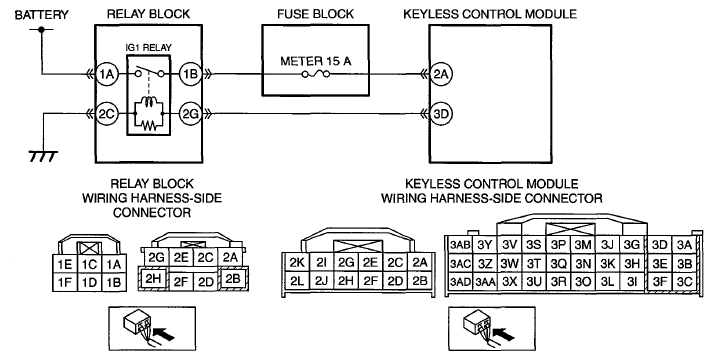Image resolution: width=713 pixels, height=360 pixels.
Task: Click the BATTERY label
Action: [41, 15]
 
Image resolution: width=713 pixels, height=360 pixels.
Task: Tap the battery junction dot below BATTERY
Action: [41, 30]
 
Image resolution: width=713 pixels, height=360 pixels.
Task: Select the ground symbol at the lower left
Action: [43, 156]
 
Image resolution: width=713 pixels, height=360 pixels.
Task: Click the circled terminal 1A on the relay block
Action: [107, 74]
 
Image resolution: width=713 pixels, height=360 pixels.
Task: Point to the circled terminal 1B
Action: [191, 74]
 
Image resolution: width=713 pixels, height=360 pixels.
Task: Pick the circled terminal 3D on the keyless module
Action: [441, 114]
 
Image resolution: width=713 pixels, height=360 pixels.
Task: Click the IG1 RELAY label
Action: [148, 47]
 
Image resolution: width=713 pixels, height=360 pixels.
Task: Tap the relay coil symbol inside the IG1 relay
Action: [148, 105]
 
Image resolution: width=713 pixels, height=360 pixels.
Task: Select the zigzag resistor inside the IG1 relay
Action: [148, 125]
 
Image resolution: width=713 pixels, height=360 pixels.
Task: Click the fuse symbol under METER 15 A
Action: [316, 74]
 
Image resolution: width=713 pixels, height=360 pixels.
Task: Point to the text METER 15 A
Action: [316, 61]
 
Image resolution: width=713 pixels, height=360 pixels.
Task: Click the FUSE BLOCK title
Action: [316, 14]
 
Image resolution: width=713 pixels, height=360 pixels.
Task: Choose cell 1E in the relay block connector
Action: [65, 264]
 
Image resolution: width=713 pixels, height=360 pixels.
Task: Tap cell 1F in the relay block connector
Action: [65, 282]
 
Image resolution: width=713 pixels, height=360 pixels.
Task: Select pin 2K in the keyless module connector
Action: [297, 262]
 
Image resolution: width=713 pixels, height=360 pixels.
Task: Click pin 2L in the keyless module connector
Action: [297, 281]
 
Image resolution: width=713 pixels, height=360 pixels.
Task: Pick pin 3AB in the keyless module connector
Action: [460, 245]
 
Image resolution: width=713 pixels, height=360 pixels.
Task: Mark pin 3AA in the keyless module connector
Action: [485, 282]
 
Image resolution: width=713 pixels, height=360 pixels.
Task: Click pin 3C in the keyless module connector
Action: [684, 282]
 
